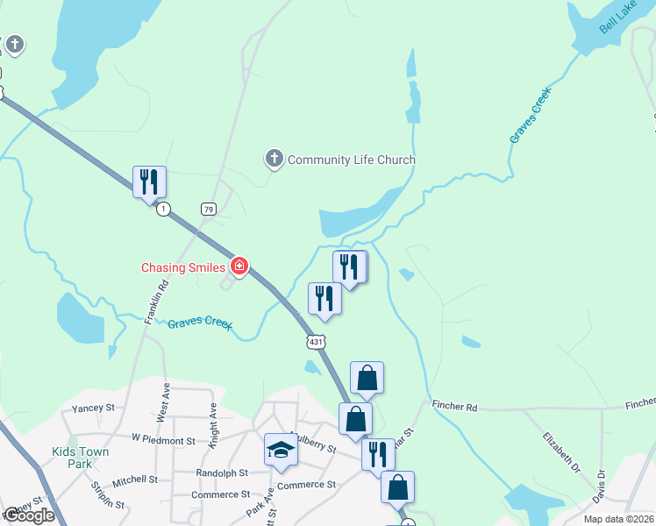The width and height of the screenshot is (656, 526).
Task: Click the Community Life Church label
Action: click(x=352, y=160)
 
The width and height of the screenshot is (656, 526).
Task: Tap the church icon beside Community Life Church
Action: click(x=275, y=159)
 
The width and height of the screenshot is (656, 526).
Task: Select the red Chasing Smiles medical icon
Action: click(x=239, y=266)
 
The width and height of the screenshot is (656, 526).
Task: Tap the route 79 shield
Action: click(x=208, y=209)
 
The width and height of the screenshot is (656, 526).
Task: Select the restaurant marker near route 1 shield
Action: click(x=150, y=182)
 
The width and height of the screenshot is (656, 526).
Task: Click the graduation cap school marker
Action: click(x=281, y=451)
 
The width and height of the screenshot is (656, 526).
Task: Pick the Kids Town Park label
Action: click(x=81, y=458)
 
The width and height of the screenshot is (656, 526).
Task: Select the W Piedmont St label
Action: click(x=162, y=437)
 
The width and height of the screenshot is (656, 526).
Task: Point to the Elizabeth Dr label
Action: click(x=561, y=451)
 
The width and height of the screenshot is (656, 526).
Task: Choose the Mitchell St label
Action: click(x=135, y=480)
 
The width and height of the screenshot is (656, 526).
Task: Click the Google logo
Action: click(x=29, y=515)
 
